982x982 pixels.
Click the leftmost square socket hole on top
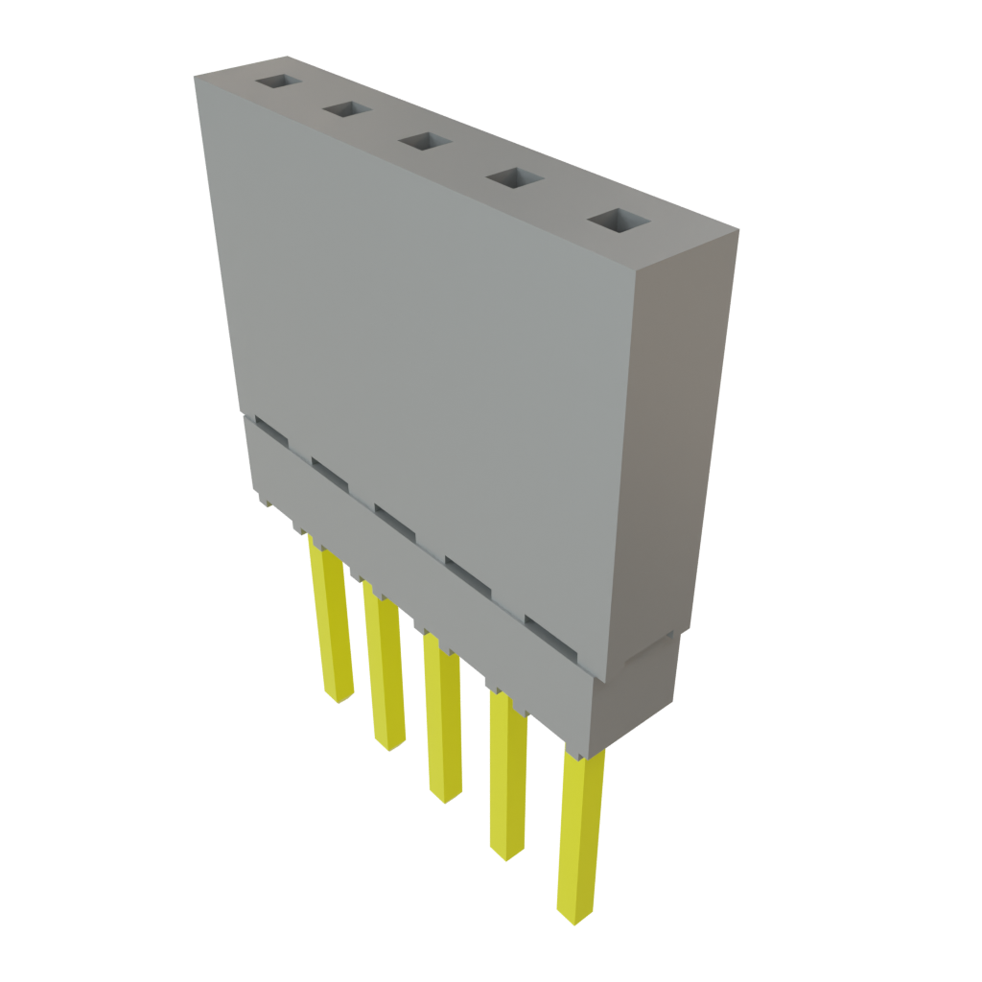(277, 82)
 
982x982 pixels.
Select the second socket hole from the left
(347, 110)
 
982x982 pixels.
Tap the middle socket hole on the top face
(425, 143)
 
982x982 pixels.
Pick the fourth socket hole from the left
(514, 179)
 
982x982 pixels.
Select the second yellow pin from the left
(384, 671)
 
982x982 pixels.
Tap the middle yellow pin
(442, 719)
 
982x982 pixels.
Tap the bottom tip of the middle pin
(446, 797)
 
